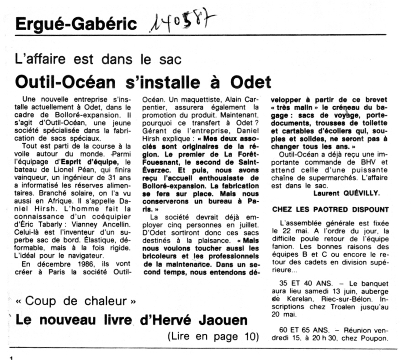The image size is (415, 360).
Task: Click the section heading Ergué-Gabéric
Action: coord(76,24)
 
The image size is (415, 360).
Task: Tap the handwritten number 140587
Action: coord(183,22)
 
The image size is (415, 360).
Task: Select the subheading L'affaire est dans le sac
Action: coord(98,59)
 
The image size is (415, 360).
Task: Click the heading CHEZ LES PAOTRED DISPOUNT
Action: coord(330,210)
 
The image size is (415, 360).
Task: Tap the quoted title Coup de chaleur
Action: coord(76,301)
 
